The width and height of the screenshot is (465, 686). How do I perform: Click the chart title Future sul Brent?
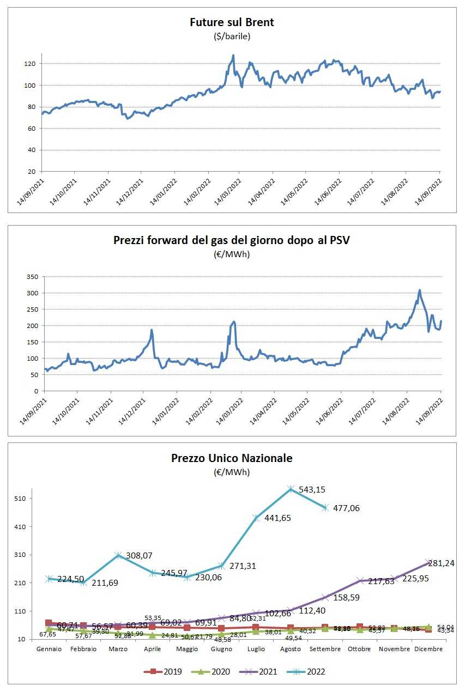(232, 22)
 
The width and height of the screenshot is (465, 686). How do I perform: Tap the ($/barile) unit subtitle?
(232, 37)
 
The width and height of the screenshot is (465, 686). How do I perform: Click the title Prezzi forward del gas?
(232, 240)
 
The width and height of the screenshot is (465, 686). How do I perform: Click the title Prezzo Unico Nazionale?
(232, 458)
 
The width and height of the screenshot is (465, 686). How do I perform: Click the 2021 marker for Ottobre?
(360, 581)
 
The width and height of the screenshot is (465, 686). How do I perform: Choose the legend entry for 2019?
(163, 671)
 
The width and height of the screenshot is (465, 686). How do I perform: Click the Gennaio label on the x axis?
(49, 649)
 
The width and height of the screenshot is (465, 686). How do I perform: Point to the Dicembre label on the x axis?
(428, 649)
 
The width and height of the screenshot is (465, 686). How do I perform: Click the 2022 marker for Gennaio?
(49, 579)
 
